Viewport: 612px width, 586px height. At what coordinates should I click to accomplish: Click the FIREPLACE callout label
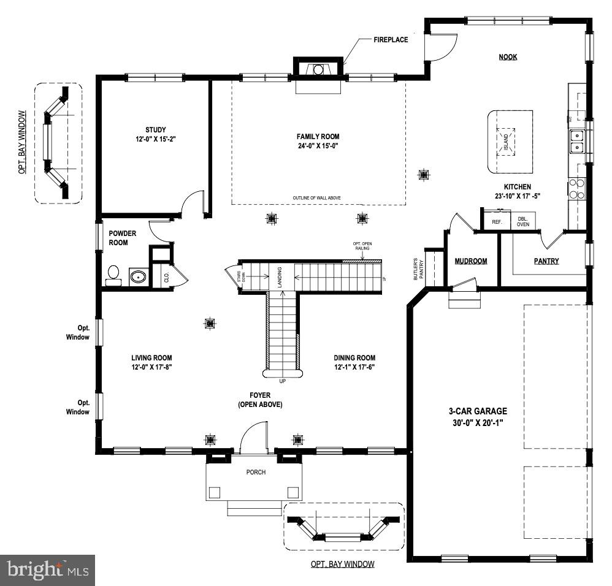[390, 40]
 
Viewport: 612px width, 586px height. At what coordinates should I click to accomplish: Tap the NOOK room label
[508, 57]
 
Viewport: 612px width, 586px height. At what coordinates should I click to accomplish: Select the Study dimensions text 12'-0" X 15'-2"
[156, 139]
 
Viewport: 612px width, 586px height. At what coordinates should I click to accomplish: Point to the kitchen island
[510, 142]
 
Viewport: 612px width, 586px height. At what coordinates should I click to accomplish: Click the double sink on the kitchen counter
[576, 142]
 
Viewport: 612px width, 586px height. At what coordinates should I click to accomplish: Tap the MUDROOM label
[471, 261]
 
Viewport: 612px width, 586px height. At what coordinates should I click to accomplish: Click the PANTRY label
[546, 261]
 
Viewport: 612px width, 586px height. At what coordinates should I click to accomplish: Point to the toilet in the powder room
[113, 274]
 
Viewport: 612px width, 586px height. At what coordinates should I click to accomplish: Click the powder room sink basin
[139, 276]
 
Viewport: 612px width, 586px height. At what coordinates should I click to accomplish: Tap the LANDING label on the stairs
[280, 276]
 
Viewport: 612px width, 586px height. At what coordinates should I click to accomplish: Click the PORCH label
[255, 472]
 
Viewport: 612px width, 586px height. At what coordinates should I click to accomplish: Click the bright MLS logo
[48, 570]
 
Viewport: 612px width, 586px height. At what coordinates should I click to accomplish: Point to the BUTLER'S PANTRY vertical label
[418, 268]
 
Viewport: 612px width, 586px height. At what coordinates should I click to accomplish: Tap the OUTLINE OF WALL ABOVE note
[318, 198]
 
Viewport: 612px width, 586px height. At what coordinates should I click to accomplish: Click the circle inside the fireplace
[318, 70]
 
